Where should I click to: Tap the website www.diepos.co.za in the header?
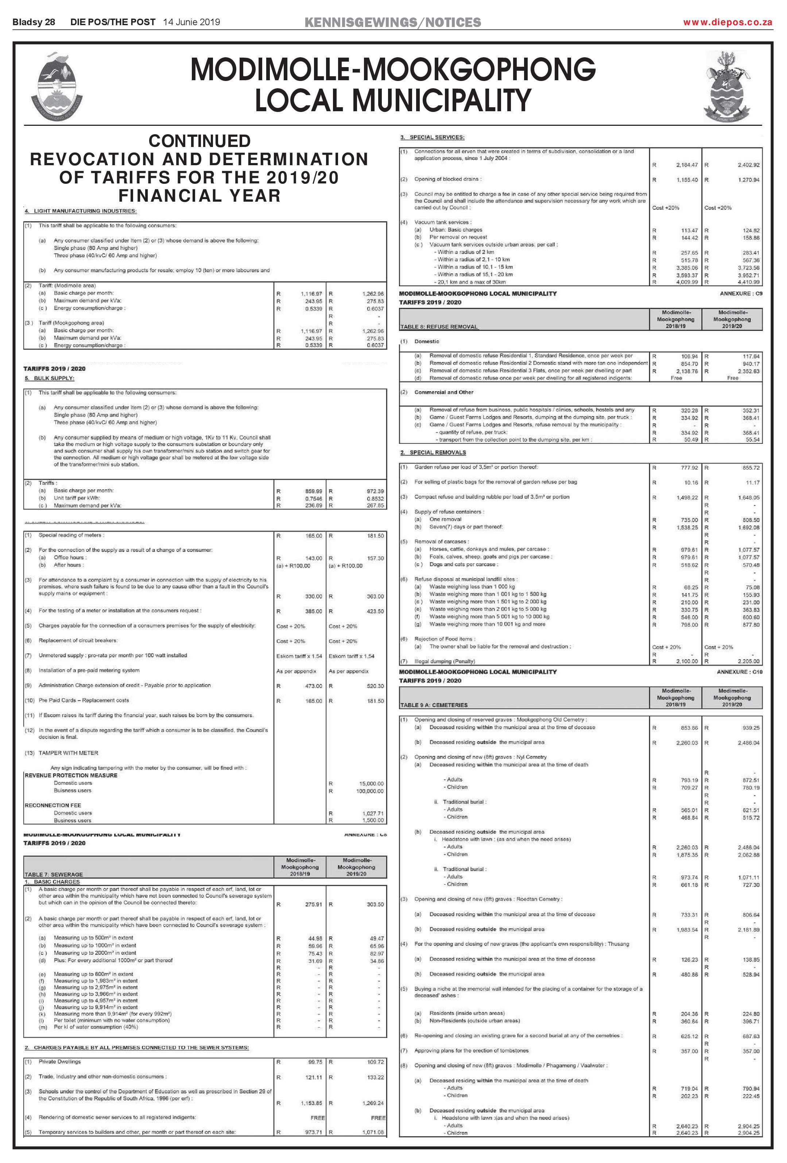pos(728,22)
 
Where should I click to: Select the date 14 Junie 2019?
pos(191,22)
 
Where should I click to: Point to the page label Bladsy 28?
pos(34,22)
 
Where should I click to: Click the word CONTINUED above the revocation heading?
pos(199,141)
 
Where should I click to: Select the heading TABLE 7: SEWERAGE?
pos(54,874)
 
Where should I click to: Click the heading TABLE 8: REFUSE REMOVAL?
pos(439,327)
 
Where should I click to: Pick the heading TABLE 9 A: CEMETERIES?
pos(433,705)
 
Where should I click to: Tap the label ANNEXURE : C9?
pos(740,294)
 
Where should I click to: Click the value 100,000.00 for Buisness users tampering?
pos(370,791)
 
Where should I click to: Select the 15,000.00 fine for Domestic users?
pos(371,784)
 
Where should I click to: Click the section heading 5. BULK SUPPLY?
pos(50,378)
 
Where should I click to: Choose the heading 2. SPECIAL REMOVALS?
pos(433,452)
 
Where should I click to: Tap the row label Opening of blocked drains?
pos(447,179)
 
